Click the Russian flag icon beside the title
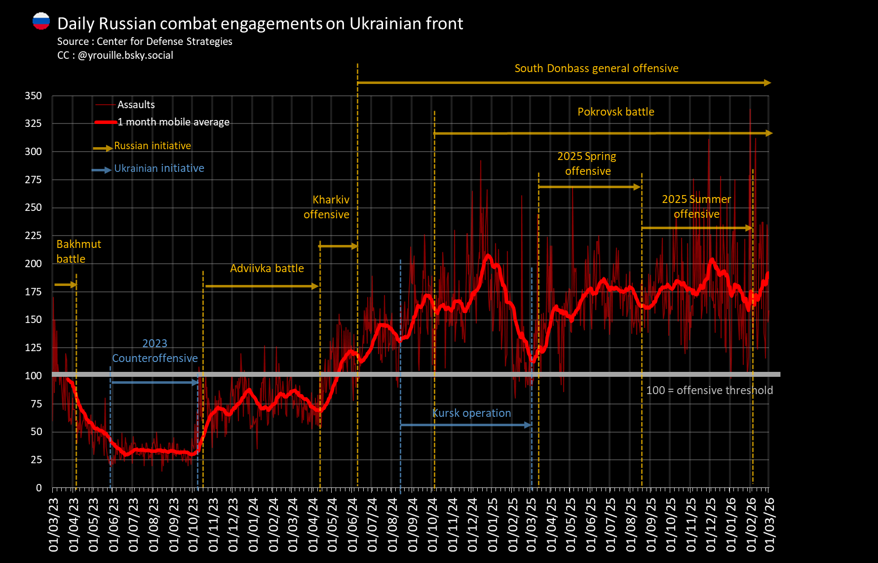pyautogui.click(x=41, y=21)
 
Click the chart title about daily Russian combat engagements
pyautogui.click(x=260, y=24)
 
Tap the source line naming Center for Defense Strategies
pyautogui.click(x=145, y=41)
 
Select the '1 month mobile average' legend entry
pyautogui.click(x=173, y=122)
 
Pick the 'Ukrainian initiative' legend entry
pyautogui.click(x=159, y=168)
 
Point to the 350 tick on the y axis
pyautogui.click(x=34, y=96)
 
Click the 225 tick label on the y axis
pyautogui.click(x=34, y=236)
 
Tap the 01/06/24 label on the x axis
pyautogui.click(x=352, y=524)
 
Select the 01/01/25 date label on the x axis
pyautogui.click(x=493, y=524)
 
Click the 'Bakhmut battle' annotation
pyautogui.click(x=78, y=251)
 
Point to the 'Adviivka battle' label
pyautogui.click(x=267, y=269)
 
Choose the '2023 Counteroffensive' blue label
pyautogui.click(x=155, y=351)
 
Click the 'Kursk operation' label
pyautogui.click(x=472, y=413)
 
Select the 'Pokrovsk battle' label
pyautogui.click(x=616, y=112)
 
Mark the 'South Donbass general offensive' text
pyautogui.click(x=596, y=69)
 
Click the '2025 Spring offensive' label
pyautogui.click(x=587, y=163)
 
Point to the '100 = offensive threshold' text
pyautogui.click(x=710, y=391)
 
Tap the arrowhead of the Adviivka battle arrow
pyautogui.click(x=315, y=286)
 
